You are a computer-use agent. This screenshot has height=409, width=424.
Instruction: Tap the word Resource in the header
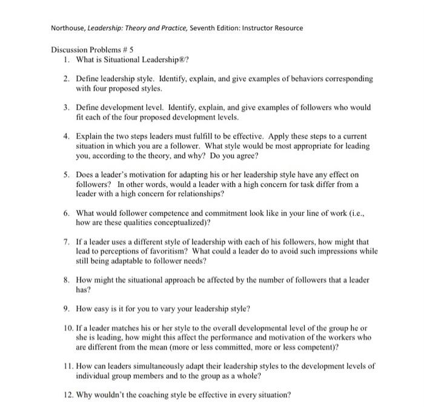[x=287, y=28]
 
